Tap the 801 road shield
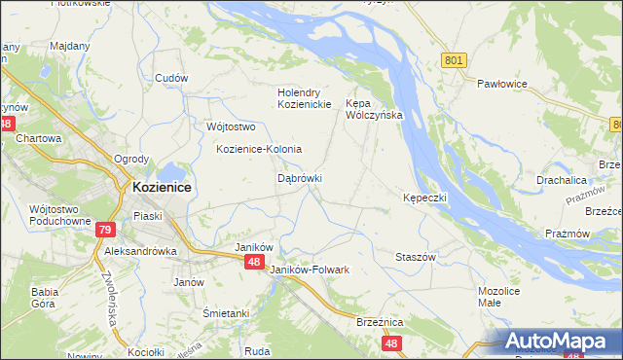click(453, 60)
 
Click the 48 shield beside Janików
click(254, 262)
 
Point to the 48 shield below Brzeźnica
click(391, 343)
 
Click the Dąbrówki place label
click(300, 179)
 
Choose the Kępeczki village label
click(424, 198)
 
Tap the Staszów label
click(415, 256)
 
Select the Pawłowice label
click(501, 85)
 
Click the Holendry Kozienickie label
click(305, 98)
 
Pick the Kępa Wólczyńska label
click(375, 108)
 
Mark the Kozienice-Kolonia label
click(259, 149)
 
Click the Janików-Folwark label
click(309, 269)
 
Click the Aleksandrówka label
click(140, 250)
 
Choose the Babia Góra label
click(46, 297)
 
